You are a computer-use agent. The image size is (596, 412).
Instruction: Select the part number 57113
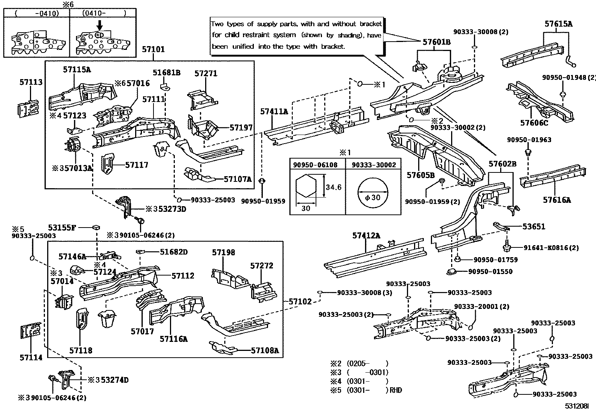coord(31,82)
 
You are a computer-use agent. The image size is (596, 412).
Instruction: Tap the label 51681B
coord(167,73)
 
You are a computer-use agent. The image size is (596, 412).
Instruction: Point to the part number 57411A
coord(274,111)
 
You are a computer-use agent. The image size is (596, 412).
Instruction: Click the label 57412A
coord(366,235)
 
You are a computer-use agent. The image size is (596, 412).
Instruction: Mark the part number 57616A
coord(557,200)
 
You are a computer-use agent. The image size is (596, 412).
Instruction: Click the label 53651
coord(534,226)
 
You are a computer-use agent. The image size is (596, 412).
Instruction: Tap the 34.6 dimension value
coord(333,187)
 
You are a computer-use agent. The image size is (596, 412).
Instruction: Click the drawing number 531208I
coord(577,406)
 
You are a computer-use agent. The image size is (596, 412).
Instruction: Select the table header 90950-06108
coord(315,165)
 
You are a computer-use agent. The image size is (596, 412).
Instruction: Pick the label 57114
coord(31,358)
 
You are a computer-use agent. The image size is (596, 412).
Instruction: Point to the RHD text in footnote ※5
coord(395,390)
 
